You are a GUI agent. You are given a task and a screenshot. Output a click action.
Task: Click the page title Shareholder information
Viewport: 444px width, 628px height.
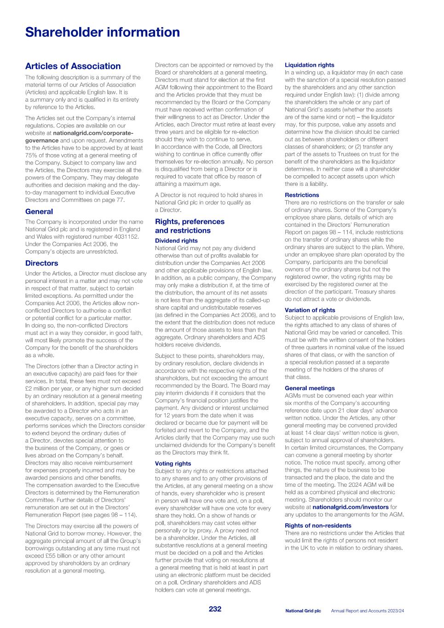(x=102, y=32)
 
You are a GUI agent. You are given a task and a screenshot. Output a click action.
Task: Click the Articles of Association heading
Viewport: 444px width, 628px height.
(x=73, y=66)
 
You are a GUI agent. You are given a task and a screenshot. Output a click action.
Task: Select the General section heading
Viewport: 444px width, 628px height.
(x=39, y=212)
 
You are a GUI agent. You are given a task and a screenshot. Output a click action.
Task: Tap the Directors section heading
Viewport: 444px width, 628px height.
(x=41, y=263)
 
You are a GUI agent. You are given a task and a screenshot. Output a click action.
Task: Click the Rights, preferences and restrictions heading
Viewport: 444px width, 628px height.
(x=190, y=226)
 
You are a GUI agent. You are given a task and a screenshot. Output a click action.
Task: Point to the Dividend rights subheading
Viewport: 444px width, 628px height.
(x=176, y=241)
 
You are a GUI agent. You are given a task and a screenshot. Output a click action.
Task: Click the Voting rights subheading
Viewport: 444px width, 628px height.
(x=173, y=464)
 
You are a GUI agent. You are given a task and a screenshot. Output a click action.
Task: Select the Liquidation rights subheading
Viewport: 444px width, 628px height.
(x=309, y=65)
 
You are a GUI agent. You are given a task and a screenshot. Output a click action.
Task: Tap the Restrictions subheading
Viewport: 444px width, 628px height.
(x=301, y=195)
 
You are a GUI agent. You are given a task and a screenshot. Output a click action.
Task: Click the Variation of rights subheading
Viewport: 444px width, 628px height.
(x=310, y=310)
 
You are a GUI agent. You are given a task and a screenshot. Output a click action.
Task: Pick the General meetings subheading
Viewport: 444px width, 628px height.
(x=309, y=388)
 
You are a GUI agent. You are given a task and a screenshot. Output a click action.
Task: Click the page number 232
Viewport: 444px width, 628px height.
(x=215, y=609)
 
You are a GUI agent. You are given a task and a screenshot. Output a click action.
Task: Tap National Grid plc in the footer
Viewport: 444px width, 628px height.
(x=303, y=611)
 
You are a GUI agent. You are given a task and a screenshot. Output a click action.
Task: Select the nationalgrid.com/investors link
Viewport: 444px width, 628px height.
(x=350, y=507)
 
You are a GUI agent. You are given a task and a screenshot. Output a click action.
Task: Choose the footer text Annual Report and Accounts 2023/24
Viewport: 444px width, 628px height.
(x=368, y=611)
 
